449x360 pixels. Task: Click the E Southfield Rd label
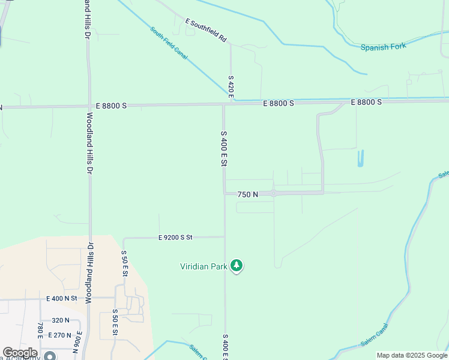coord(206,30)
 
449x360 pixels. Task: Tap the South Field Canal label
coord(169,43)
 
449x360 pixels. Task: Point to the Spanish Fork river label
coord(383,47)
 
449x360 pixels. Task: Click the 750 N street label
coord(247,194)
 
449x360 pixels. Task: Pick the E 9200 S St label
coord(175,238)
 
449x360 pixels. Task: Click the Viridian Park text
coord(203,266)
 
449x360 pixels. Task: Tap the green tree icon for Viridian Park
coord(237,266)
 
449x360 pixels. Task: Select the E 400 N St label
coord(62,298)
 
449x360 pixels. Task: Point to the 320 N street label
coord(60,320)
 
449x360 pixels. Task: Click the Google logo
coord(20,353)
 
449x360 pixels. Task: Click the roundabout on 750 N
coord(273,193)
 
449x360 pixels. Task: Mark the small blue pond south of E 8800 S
coord(361,158)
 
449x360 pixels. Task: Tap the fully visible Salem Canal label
coord(375,334)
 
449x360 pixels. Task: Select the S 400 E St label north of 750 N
coord(224,149)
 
